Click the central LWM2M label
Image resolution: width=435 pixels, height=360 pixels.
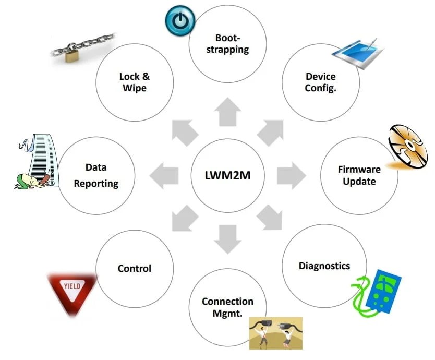pyautogui.click(x=227, y=175)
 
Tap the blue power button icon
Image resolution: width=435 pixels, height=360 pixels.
pyautogui.click(x=180, y=20)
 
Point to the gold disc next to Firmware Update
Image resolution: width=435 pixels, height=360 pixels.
pyautogui.click(x=406, y=147)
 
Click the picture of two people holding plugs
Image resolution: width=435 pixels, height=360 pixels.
pyautogui.click(x=275, y=333)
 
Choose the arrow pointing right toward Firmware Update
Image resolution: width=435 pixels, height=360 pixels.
pyautogui.click(x=291, y=175)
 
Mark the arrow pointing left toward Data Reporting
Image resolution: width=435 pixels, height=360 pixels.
pyautogui.click(x=164, y=175)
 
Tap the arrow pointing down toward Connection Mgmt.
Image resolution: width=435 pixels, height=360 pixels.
pyautogui.click(x=227, y=238)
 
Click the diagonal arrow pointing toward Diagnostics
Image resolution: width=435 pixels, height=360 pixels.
pyautogui.click(x=270, y=218)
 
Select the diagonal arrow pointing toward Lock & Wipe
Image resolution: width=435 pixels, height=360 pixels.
pyautogui.click(x=185, y=133)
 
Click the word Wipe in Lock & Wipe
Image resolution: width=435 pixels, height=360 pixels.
pyautogui.click(x=135, y=88)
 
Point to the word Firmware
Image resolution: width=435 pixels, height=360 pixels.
pyautogui.click(x=359, y=169)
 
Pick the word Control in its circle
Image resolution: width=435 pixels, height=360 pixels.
pyautogui.click(x=135, y=269)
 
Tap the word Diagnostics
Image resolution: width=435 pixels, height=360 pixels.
pyautogui.click(x=324, y=266)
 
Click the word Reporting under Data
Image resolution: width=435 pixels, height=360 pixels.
pyautogui.click(x=96, y=184)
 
